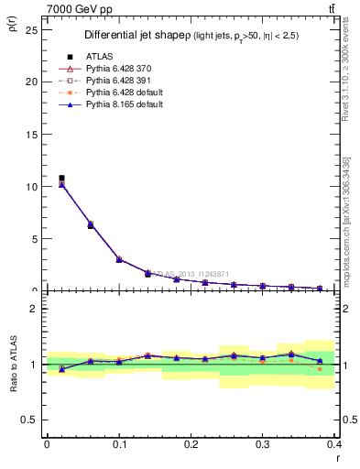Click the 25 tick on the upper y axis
pos(32,28)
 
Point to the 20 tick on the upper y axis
pos(32,82)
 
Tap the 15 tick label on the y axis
pos(32,134)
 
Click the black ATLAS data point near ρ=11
pos(61,178)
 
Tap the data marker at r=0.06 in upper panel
pos(90,224)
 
